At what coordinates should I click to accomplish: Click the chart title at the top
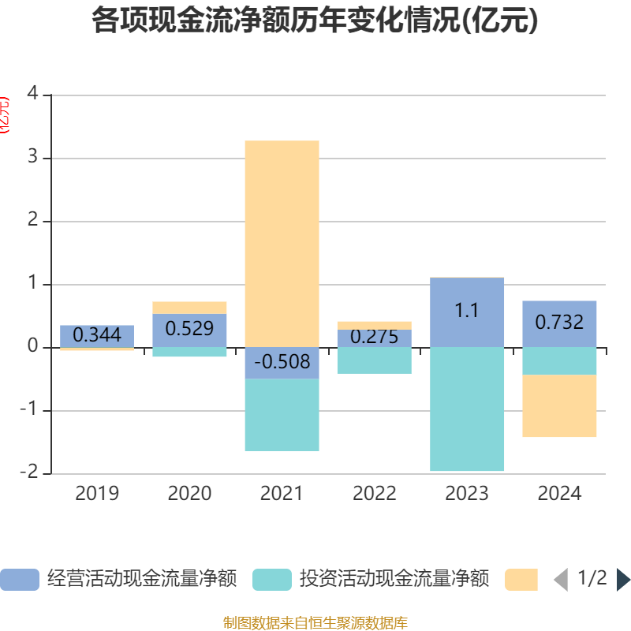point(315,21)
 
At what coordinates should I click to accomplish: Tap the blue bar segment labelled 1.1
point(467,312)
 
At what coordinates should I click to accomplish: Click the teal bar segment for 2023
point(467,409)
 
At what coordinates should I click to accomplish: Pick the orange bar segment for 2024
point(559,405)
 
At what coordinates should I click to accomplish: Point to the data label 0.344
point(97,335)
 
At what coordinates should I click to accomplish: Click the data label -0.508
point(282,363)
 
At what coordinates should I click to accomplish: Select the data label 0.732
point(559,322)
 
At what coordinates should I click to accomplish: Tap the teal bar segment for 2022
point(375,360)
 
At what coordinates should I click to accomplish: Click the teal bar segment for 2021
point(282,415)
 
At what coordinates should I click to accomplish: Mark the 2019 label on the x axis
point(97,494)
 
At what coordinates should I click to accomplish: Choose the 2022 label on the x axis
point(375,494)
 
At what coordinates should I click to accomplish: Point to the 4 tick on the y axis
point(32,94)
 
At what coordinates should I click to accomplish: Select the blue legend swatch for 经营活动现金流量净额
point(19,579)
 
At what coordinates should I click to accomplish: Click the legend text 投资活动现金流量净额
point(394,579)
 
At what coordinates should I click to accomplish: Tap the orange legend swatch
point(521,579)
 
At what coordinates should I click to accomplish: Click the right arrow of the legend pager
point(623,579)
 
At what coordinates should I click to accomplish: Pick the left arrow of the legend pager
point(560,579)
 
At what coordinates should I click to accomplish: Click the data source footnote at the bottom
point(315,622)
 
